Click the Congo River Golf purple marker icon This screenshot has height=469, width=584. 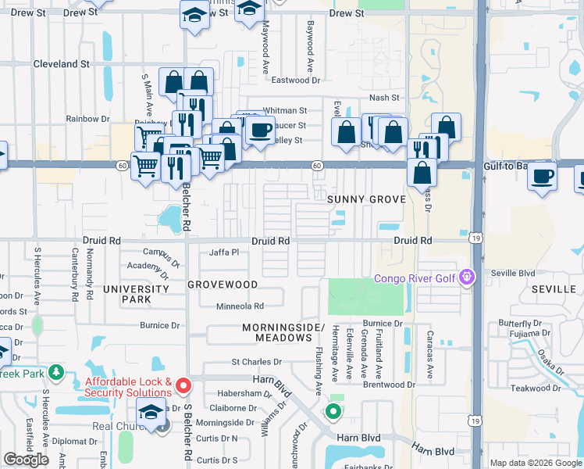tap(468, 276)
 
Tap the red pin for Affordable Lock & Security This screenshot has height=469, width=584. tap(183, 385)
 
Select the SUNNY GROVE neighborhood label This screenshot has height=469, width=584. tap(366, 199)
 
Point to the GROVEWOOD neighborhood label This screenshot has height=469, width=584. tap(223, 285)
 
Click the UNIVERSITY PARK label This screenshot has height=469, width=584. tap(136, 294)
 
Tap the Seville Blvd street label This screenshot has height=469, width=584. tap(513, 273)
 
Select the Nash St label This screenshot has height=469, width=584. tap(383, 97)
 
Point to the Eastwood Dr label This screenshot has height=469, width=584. tap(296, 80)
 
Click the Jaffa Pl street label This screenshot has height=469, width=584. tap(223, 252)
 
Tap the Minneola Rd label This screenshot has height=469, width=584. tap(240, 306)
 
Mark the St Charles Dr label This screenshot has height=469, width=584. tap(256, 362)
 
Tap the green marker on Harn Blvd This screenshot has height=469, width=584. tap(333, 411)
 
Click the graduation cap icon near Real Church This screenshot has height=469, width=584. tap(151, 411)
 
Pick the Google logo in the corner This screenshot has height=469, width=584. tap(27, 460)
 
